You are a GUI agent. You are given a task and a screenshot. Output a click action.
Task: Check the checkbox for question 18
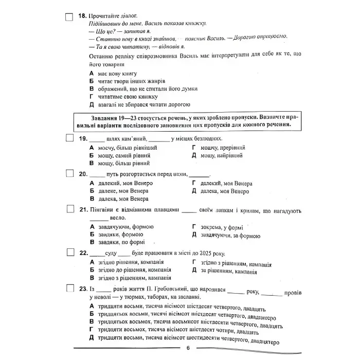point(69,16)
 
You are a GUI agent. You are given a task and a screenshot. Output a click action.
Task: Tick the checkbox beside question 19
point(69,138)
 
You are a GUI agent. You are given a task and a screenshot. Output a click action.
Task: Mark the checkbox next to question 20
point(69,174)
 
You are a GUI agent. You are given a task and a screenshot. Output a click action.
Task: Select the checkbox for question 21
point(69,210)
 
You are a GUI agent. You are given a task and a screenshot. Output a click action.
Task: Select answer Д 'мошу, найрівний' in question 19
point(221,155)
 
